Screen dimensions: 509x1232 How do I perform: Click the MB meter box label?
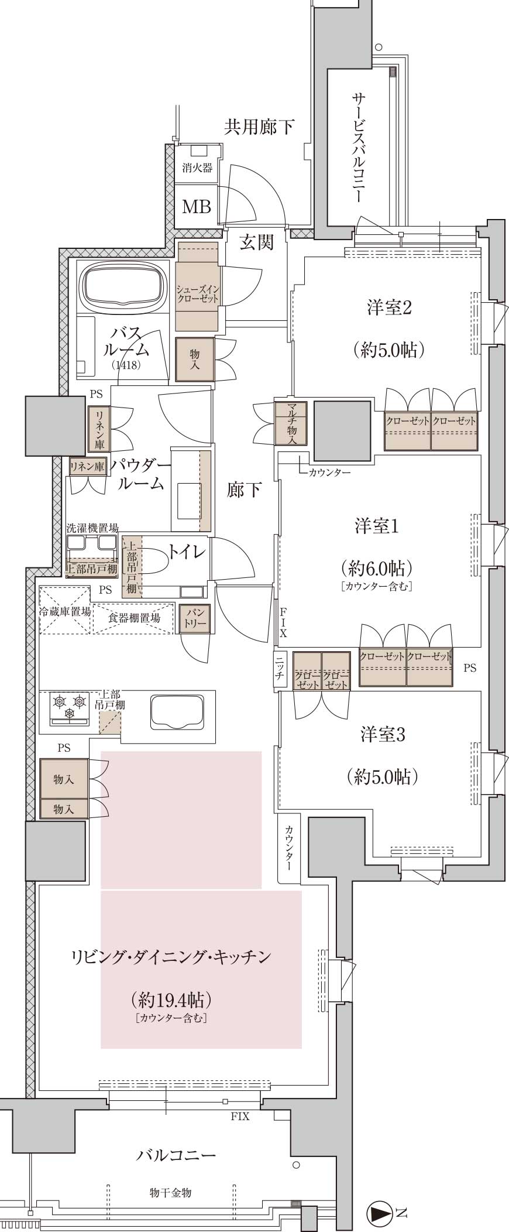pos(197,206)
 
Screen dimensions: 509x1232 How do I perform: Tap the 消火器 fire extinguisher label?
pos(197,168)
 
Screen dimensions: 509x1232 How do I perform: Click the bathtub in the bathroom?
pos(123,286)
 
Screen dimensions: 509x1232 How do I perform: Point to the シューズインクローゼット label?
pos(198,293)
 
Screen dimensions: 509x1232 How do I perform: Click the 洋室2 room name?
pos(390,307)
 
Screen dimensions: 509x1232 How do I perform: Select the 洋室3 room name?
pos(383,734)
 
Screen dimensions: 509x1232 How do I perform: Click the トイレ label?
pos(187,552)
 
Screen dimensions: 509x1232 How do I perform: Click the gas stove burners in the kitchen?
pos(70,705)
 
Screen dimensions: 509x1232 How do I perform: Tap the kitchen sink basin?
pos(177,712)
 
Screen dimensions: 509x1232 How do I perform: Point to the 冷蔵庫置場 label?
pos(65,612)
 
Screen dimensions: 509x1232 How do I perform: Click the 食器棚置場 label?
pos(134,618)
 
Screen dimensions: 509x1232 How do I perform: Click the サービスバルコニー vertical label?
pos(357,147)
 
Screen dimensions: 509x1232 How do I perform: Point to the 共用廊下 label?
pos(260,126)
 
